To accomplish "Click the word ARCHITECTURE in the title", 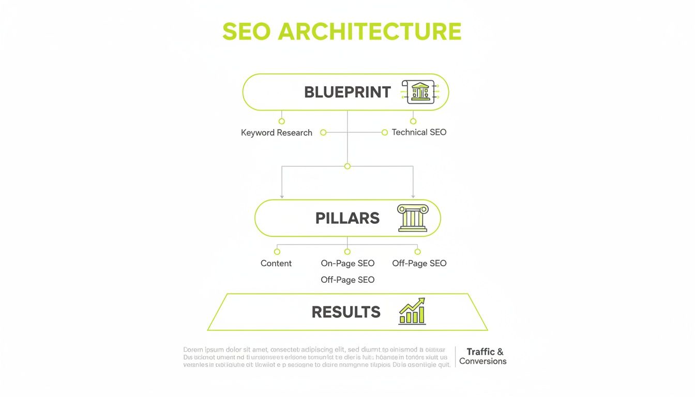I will pos(370,32).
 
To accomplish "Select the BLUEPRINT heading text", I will pos(347,92).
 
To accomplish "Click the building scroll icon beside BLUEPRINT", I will pos(419,92).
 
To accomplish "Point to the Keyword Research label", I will pos(277,133).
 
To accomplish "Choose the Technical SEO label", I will pos(419,132).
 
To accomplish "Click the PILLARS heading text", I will pos(347,218).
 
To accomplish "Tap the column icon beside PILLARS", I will pos(413,218).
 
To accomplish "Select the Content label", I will pos(276,263).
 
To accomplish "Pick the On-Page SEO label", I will pos(347,263).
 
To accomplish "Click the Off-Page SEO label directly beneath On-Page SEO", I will pos(347,280).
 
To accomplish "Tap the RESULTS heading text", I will pos(346,312).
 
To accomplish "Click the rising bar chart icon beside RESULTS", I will pos(412,311).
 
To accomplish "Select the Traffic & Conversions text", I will pos(483,356).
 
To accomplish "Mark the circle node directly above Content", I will pos(277,252).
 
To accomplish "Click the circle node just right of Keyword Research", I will pos(323,132).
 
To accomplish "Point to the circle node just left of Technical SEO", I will pos(385,132).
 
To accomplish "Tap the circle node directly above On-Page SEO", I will pos(347,252).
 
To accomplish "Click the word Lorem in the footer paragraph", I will pos(193,350).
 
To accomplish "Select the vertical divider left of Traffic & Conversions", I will pos(456,357).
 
